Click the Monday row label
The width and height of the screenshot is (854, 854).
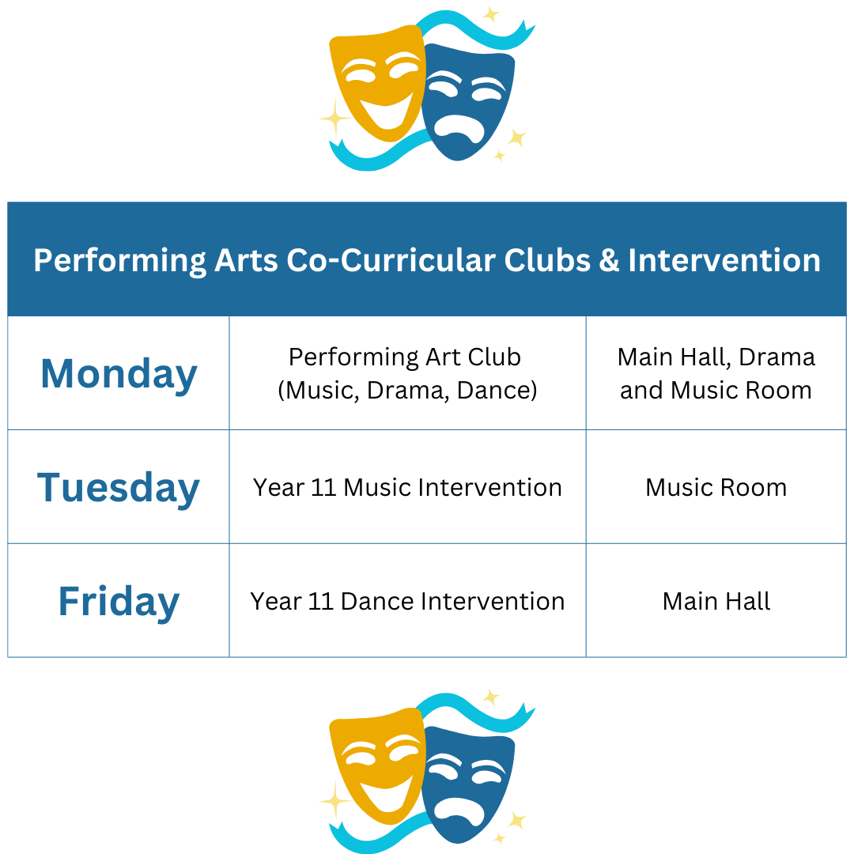pyautogui.click(x=119, y=375)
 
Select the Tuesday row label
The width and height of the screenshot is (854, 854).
pyautogui.click(x=118, y=488)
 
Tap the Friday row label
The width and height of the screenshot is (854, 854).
pyautogui.click(x=119, y=602)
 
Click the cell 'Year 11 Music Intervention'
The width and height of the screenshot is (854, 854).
pyautogui.click(x=407, y=487)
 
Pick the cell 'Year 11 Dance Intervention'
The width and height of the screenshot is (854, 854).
pyautogui.click(x=407, y=601)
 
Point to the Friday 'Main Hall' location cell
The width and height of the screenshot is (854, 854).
pyautogui.click(x=716, y=601)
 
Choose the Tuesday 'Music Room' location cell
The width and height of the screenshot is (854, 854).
pyautogui.click(x=716, y=487)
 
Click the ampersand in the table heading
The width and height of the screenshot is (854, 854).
pyautogui.click(x=610, y=260)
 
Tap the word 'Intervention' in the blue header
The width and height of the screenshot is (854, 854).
pyautogui.click(x=724, y=260)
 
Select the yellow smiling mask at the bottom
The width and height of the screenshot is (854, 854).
pyautogui.click(x=377, y=766)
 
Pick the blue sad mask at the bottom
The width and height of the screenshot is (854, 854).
pyautogui.click(x=468, y=785)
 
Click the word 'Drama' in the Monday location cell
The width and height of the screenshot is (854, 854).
pyautogui.click(x=777, y=357)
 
